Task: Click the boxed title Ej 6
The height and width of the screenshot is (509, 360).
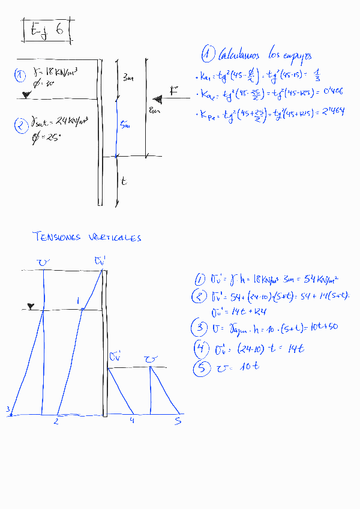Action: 47,31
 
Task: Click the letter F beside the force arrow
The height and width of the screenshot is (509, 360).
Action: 173,91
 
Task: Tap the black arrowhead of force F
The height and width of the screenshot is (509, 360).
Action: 157,98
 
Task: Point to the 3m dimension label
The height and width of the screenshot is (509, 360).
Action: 128,79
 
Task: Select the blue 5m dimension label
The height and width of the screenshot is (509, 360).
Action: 124,125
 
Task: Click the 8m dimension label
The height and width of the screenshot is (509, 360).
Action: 154,111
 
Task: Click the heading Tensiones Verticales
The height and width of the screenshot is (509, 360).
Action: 88,237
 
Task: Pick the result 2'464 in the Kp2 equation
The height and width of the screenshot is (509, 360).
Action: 331,111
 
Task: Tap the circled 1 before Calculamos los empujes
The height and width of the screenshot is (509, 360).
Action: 208,55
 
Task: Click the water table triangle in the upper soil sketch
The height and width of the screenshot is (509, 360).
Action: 25,95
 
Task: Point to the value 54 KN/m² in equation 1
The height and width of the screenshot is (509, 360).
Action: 322,279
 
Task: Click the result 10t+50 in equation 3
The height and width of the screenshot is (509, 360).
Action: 321,327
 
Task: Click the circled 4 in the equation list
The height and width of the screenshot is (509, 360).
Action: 200,348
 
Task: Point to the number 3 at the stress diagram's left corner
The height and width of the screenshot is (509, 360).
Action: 8,410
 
